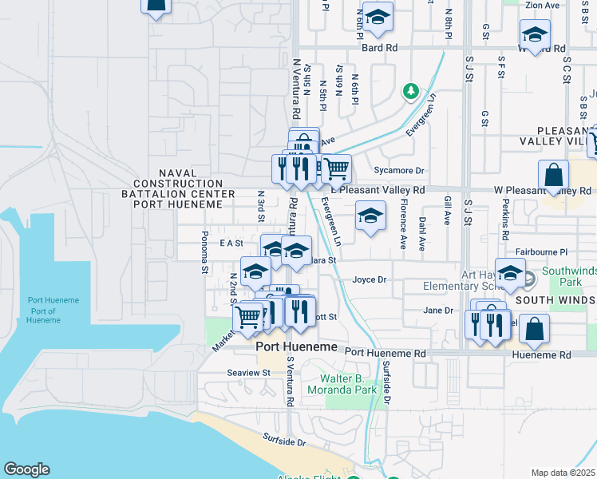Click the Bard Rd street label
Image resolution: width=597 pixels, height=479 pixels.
[379, 48]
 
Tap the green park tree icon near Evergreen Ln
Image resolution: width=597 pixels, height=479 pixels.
[411, 91]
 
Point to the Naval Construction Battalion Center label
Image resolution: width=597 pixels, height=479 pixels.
[178, 188]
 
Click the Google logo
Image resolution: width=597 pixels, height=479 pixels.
[26, 469]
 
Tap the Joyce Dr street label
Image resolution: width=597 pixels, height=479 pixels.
[370, 280]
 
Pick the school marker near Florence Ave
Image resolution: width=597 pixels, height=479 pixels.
[370, 216]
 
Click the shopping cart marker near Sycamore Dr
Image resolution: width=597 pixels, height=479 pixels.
[337, 168]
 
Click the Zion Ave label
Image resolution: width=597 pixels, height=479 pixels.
[543, 6]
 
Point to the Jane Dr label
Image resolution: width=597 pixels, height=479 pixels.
[438, 310]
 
